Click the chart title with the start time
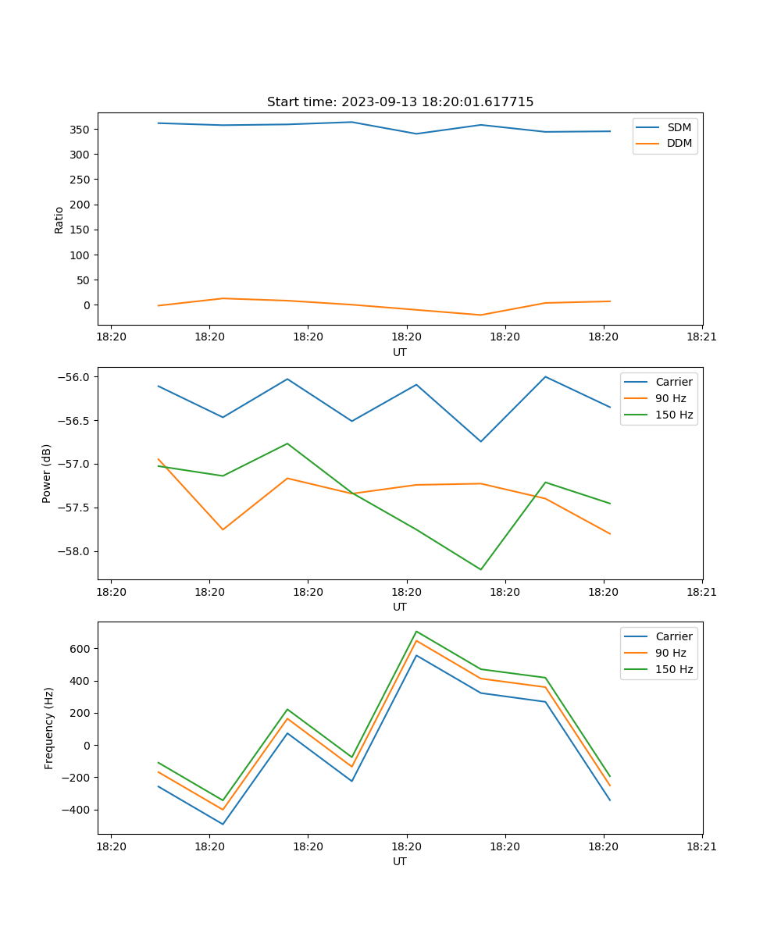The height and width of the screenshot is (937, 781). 400,102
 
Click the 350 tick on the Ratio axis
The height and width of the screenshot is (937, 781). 82,130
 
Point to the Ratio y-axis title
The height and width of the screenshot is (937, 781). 59,220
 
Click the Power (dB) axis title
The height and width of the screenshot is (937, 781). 47,473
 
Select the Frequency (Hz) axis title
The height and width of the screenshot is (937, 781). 49,728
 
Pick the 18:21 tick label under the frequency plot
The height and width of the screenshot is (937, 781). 701,846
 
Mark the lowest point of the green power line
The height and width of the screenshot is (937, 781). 480,569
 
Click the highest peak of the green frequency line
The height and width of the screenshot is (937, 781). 416,631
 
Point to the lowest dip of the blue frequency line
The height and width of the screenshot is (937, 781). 223,824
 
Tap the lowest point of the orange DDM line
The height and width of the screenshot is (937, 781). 480,315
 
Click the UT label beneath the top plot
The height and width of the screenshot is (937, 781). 400,352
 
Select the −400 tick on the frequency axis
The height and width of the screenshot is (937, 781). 79,810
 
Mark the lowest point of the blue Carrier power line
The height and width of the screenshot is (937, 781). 480,441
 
